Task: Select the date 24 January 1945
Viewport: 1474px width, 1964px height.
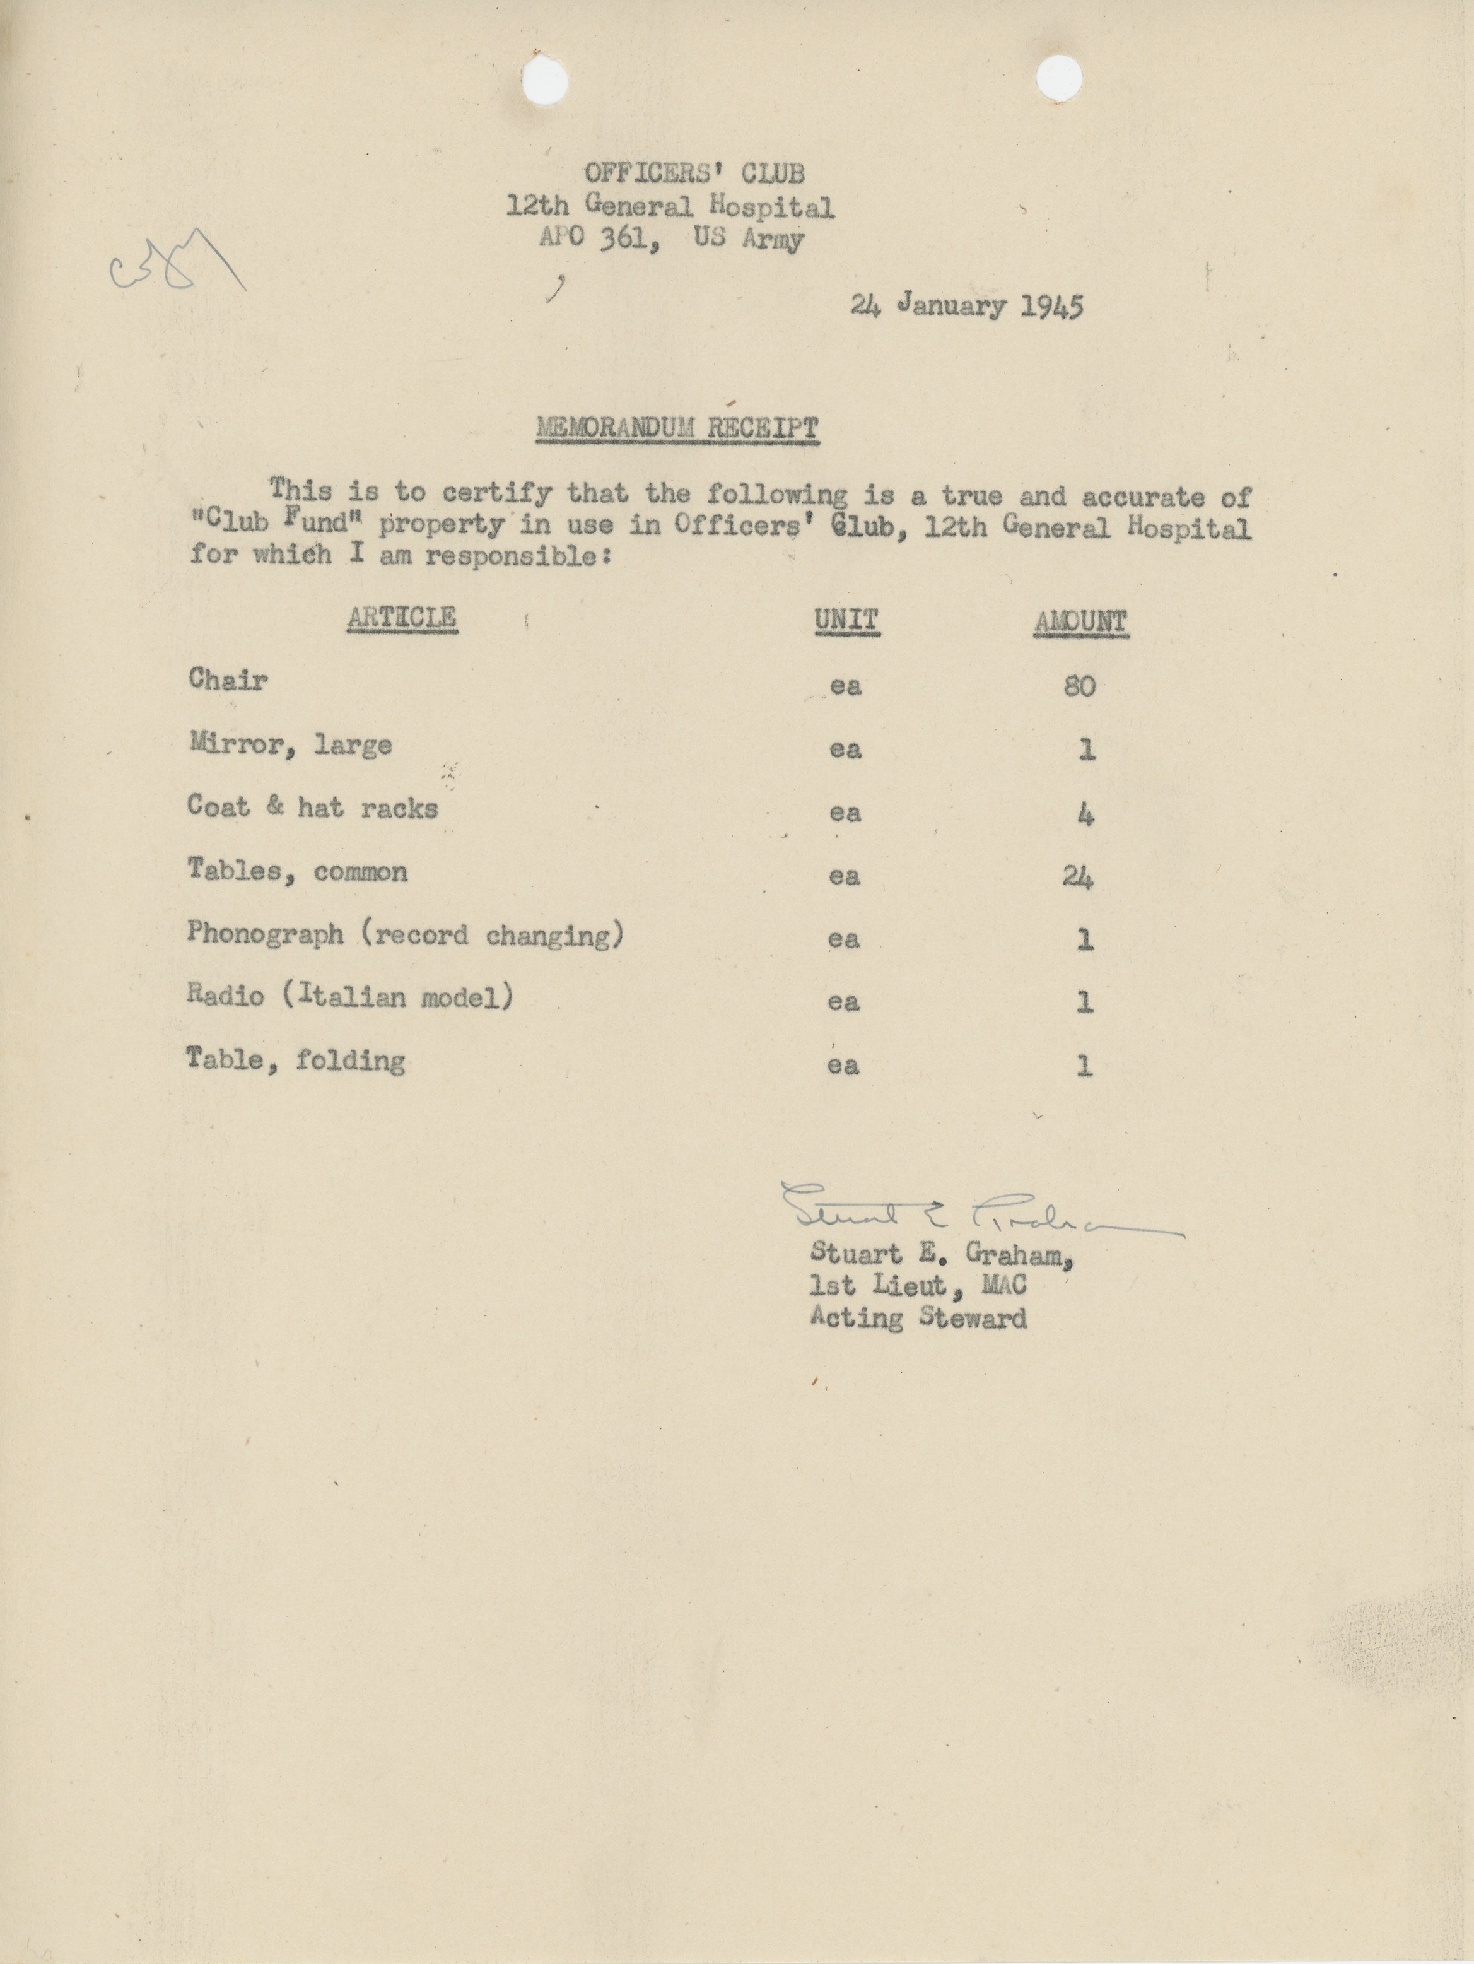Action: coord(966,307)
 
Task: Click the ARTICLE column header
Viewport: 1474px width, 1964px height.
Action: coord(402,617)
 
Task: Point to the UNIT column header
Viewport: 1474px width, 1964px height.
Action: coord(846,620)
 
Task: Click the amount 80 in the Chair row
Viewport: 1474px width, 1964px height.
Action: coord(1079,685)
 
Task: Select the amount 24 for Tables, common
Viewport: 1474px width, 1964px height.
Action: coord(1077,877)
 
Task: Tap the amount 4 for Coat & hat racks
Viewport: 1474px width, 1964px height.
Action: coord(1084,813)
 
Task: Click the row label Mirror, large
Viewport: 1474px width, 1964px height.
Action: coord(290,744)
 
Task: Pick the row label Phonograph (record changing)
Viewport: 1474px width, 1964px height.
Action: coord(406,935)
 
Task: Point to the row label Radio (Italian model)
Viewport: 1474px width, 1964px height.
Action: coord(349,996)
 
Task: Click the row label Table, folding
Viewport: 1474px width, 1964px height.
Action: coord(296,1059)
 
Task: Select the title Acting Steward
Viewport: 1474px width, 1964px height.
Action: coord(918,1317)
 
